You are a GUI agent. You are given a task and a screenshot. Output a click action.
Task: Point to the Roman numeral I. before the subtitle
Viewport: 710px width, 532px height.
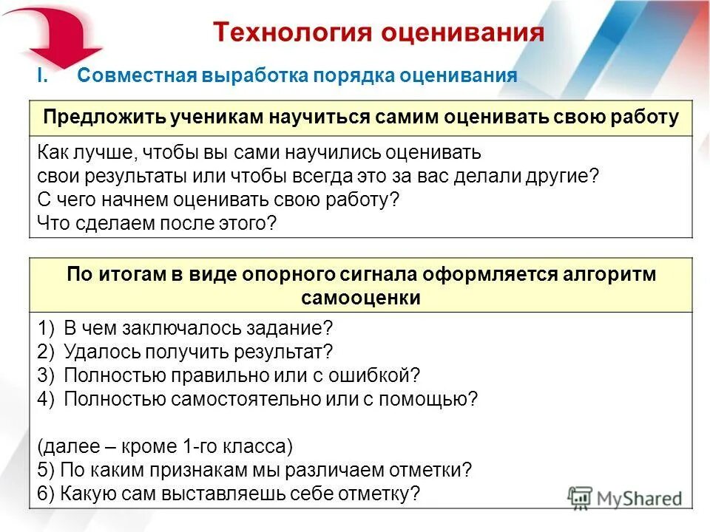click(41, 76)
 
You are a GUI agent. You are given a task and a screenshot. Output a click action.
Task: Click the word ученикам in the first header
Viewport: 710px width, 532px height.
click(211, 118)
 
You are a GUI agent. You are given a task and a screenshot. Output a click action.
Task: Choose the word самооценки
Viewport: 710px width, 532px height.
click(361, 298)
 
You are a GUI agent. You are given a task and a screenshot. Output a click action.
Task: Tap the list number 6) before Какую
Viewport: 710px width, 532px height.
click(45, 494)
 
